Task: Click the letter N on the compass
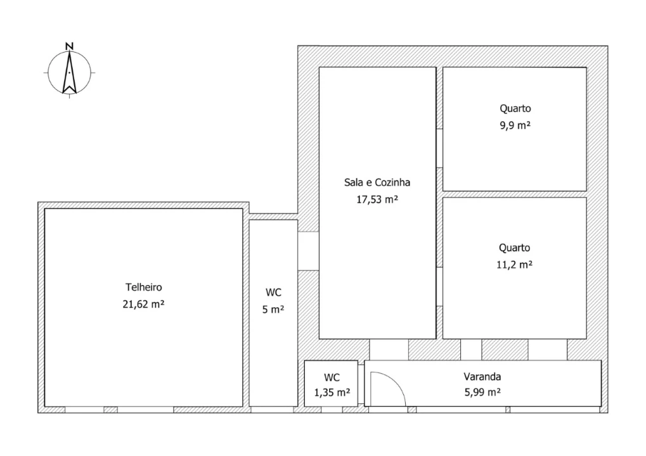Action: pyautogui.click(x=70, y=46)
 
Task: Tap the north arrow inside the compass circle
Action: pyautogui.click(x=69, y=72)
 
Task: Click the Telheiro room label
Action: pyautogui.click(x=144, y=287)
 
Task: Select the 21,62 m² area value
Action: pyautogui.click(x=143, y=304)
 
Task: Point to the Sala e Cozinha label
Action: pyautogui.click(x=377, y=182)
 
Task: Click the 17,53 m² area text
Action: pyautogui.click(x=377, y=199)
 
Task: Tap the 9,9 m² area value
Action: pyautogui.click(x=515, y=125)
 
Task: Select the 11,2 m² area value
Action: pyautogui.click(x=514, y=264)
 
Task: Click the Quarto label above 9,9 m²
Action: pyautogui.click(x=515, y=108)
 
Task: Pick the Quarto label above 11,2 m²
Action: pyautogui.click(x=514, y=248)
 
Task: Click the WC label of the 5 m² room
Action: pyautogui.click(x=274, y=292)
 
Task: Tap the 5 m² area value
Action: pyautogui.click(x=273, y=309)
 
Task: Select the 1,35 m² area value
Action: pyautogui.click(x=332, y=393)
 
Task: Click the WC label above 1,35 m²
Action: pyautogui.click(x=332, y=377)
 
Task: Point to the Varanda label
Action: pyautogui.click(x=482, y=377)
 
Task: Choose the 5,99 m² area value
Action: pyautogui.click(x=482, y=392)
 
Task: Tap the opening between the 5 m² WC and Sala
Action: pyautogui.click(x=308, y=251)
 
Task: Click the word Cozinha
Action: pyautogui.click(x=393, y=182)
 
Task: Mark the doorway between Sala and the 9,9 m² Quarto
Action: pyautogui.click(x=439, y=148)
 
